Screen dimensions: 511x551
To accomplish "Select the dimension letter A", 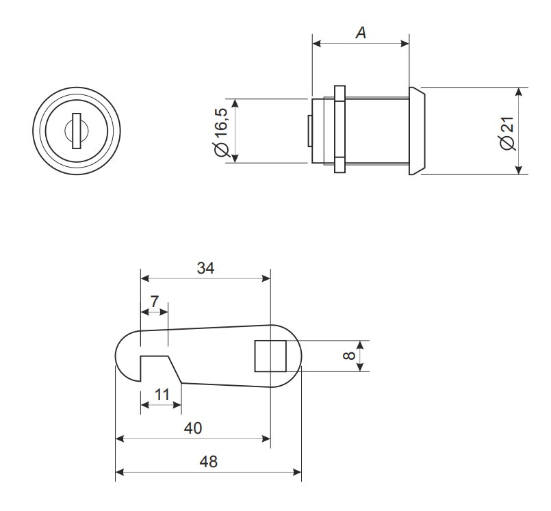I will (x=360, y=31).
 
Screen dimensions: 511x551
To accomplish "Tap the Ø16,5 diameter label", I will (x=221, y=131).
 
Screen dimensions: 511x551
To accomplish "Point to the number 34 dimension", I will (x=205, y=269).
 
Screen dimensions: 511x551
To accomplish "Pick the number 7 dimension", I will (x=154, y=301).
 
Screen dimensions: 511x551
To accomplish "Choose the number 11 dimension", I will (x=162, y=395).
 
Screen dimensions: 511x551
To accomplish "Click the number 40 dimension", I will (x=193, y=428).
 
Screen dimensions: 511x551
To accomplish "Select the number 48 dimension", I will (x=208, y=462).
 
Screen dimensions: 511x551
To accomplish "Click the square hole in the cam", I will (x=270, y=356).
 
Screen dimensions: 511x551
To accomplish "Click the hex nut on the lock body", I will (x=339, y=130).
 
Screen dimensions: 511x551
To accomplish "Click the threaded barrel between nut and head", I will (x=376, y=130).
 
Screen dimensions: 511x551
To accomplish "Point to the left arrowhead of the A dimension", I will (x=317, y=43).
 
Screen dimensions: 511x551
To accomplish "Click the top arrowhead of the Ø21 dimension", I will (x=518, y=92).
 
